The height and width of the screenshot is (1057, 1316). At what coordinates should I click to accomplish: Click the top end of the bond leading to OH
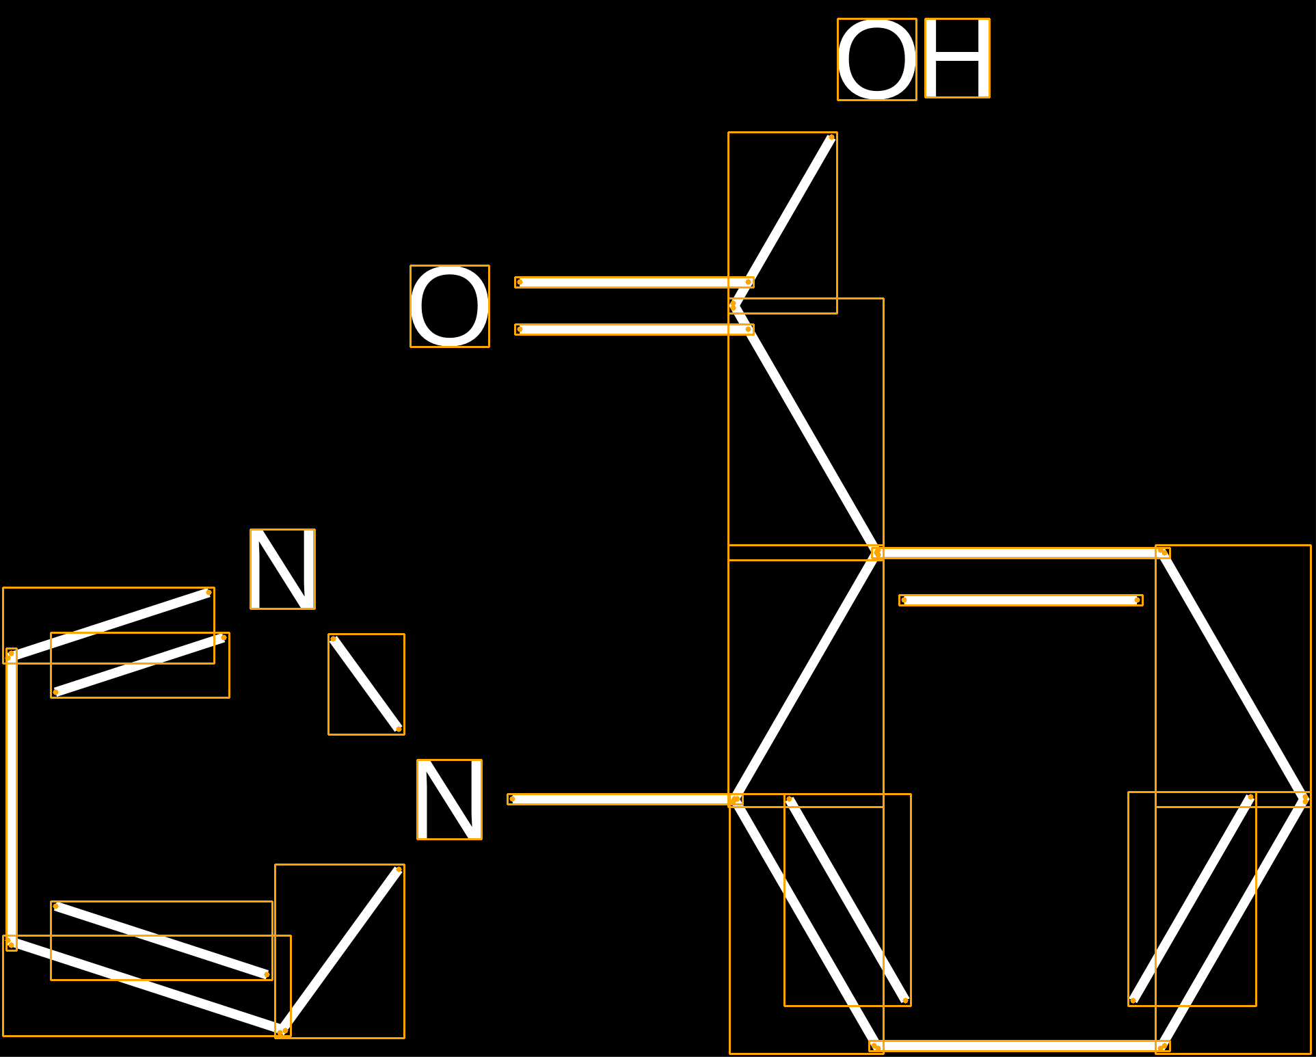tap(831, 137)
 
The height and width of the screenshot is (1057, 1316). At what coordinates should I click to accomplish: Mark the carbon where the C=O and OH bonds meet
tap(734, 306)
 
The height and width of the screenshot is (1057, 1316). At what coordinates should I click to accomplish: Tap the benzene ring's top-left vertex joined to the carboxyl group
tap(876, 552)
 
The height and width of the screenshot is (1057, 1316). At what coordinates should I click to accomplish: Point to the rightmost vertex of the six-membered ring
tap(1305, 799)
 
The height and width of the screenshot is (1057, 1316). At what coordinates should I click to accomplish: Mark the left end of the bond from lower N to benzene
tap(512, 799)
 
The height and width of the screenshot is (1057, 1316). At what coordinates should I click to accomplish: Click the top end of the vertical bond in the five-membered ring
tap(11, 654)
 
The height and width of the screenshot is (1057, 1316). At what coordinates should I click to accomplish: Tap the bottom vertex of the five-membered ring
tap(282, 1030)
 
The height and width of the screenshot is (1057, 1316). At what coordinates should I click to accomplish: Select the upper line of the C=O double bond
tap(634, 282)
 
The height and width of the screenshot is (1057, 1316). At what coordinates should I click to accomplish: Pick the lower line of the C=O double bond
tap(634, 330)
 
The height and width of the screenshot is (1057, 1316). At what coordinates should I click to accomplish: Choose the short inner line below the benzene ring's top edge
tap(1021, 600)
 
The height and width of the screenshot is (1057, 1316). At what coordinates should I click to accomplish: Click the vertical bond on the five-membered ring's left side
tap(12, 799)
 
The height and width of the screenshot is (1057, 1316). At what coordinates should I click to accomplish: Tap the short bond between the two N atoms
tap(366, 684)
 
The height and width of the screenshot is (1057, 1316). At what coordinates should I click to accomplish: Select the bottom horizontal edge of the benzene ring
tap(1019, 1046)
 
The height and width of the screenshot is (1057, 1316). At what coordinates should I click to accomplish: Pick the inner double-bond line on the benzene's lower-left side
tap(848, 900)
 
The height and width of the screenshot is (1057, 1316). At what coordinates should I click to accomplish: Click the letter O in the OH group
tap(877, 59)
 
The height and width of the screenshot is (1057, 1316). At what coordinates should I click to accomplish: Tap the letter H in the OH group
tap(957, 58)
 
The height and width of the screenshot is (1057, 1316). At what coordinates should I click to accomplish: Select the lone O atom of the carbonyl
tap(450, 306)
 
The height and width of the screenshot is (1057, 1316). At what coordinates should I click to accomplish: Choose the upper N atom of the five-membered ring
tap(282, 569)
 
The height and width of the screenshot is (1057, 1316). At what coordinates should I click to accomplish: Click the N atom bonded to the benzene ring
tap(449, 799)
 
